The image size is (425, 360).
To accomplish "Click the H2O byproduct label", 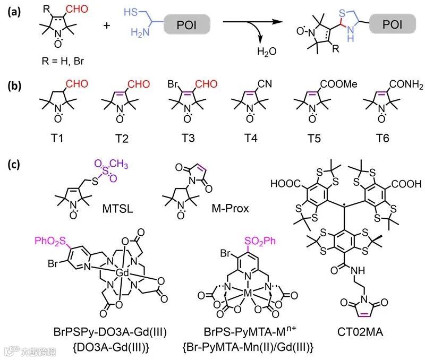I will (x=266, y=52).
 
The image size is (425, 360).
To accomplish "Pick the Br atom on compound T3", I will (x=173, y=84).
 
